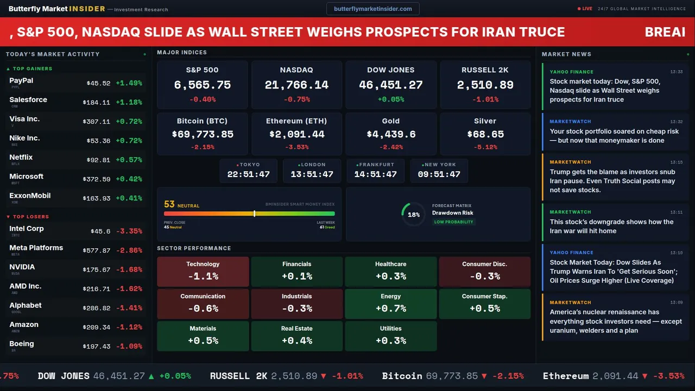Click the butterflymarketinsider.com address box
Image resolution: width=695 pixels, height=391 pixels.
[372, 9]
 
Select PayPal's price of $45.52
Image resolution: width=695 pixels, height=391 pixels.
[98, 83]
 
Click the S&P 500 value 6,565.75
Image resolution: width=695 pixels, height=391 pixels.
[202, 85]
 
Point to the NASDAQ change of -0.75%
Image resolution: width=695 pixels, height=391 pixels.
[296, 99]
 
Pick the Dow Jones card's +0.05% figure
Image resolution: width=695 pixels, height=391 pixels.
[390, 99]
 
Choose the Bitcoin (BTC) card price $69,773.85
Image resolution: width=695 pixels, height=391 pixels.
[202, 134]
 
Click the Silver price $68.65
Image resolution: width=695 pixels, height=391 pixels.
[485, 134]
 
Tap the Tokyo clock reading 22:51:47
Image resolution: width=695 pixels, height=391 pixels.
[248, 174]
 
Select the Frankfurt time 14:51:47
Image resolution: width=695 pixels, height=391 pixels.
[375, 174]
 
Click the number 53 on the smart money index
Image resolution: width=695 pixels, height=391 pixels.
[169, 204]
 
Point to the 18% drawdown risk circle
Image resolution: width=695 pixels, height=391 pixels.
[413, 215]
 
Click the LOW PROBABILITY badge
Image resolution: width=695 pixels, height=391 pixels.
[453, 222]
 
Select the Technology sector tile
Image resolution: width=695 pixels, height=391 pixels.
[203, 271]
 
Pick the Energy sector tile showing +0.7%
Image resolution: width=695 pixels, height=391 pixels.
[390, 304]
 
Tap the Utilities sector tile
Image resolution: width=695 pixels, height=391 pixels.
[390, 336]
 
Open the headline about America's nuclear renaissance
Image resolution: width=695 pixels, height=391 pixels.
[615, 321]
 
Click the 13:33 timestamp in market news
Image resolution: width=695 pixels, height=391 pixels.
[676, 72]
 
